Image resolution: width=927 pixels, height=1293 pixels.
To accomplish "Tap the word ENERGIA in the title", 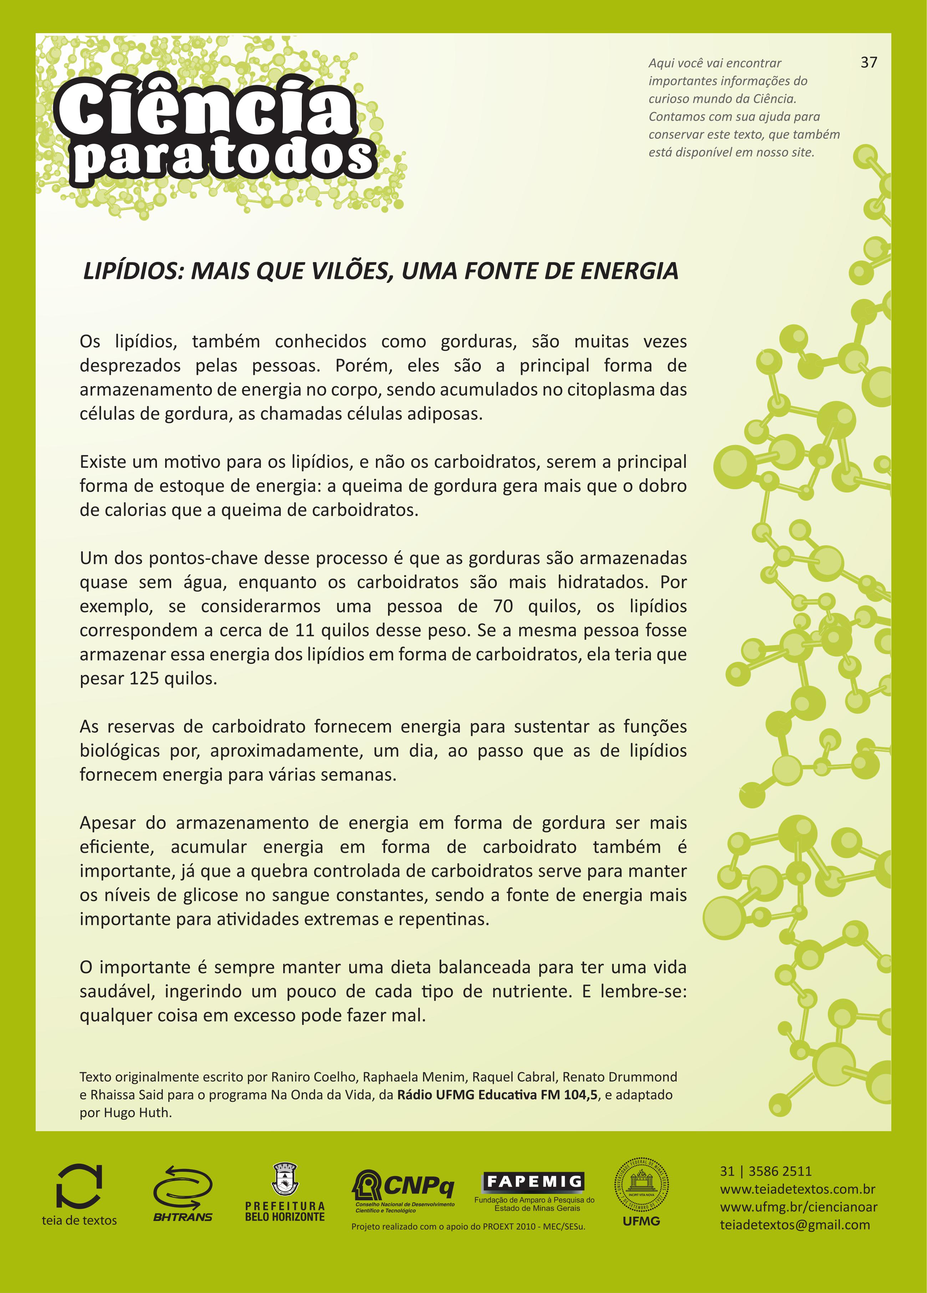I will tap(629, 271).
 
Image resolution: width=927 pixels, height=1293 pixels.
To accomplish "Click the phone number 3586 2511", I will tap(779, 1171).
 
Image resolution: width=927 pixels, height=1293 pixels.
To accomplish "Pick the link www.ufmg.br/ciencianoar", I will tap(798, 1207).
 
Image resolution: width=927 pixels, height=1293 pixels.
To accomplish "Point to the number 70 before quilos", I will tap(503, 607).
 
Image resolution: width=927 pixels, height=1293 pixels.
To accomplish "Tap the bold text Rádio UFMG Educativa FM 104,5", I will tap(498, 1095).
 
